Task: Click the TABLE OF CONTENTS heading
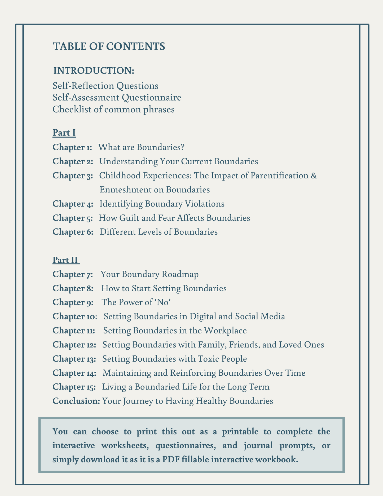pyautogui.click(x=109, y=46)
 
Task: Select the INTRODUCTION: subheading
pyautogui.click(x=94, y=71)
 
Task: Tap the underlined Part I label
pyautogui.click(x=64, y=133)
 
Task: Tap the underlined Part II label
pyautogui.click(x=66, y=260)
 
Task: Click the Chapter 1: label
pyautogui.click(x=72, y=147)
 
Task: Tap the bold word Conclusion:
pyautogui.click(x=76, y=401)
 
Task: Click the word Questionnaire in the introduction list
pyautogui.click(x=151, y=98)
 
